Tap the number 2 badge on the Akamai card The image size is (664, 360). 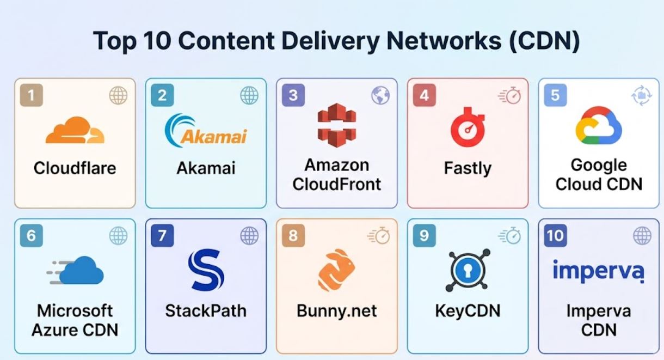coord(162,95)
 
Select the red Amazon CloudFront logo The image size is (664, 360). coord(337,125)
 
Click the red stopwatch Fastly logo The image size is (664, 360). coord(468,127)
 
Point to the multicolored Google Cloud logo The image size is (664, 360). coord(599,125)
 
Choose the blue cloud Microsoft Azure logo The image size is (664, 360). coord(75,270)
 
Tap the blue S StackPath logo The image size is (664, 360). coord(206,270)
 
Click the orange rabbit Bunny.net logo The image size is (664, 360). coord(336,270)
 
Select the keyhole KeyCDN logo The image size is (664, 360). coord(468,270)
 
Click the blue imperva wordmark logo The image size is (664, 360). coord(599,271)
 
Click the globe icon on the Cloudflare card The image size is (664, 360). coord(118,95)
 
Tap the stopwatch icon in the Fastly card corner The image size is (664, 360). coord(509,95)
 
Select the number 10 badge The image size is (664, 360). coord(556,236)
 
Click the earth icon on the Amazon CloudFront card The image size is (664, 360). coord(380,95)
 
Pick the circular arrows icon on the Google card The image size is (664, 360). coord(642,95)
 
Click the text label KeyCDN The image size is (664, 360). coord(468,311)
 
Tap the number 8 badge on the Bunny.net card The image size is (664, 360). coord(293,236)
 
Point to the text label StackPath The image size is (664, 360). coord(206,311)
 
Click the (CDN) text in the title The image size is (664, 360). coord(544,41)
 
